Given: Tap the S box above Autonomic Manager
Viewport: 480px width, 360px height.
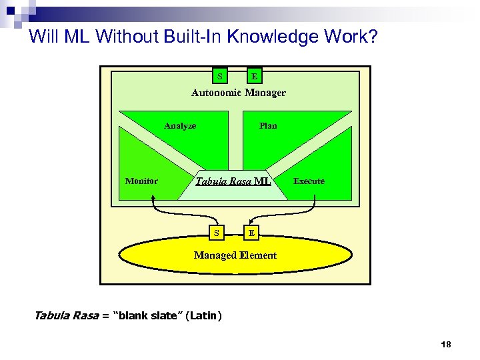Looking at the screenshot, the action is click(220, 76).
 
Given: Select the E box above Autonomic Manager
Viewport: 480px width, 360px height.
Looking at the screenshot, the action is click(255, 76).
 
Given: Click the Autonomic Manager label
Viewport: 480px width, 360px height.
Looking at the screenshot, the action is click(239, 93).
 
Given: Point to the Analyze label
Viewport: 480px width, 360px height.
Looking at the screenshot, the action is click(180, 125).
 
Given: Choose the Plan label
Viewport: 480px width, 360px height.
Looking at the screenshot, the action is click(268, 125).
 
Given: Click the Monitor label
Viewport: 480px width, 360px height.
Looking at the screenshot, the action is click(141, 181).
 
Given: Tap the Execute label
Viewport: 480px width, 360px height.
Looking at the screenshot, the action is click(309, 181).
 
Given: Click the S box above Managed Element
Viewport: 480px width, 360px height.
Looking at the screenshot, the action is click(216, 233).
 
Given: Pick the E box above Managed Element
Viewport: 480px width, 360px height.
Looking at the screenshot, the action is click(251, 233).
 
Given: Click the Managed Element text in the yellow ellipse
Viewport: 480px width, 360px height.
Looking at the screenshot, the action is click(235, 255).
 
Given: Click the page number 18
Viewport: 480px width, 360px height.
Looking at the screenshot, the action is click(446, 345).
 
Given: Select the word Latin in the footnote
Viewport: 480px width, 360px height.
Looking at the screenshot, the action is click(203, 315).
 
